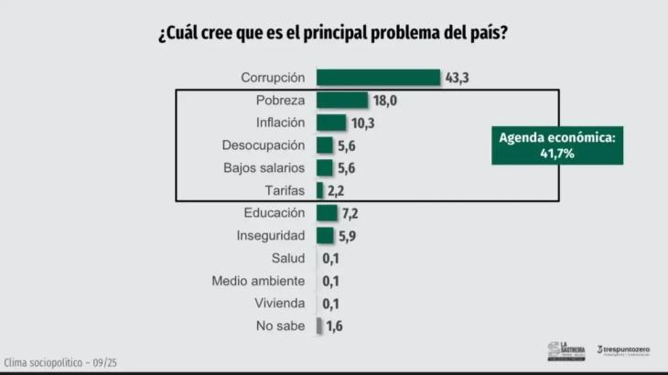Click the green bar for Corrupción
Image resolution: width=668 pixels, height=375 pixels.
tap(379, 78)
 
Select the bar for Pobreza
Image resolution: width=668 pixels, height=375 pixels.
tap(341, 101)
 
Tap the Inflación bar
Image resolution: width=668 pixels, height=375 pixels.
tap(331, 123)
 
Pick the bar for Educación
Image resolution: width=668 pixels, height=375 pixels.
tap(327, 213)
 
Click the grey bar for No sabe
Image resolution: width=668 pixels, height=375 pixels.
tap(319, 326)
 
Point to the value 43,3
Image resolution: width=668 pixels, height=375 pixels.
tap(457, 78)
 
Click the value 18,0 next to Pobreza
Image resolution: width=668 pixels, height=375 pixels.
tap(384, 101)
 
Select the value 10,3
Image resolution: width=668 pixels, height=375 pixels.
tap(364, 123)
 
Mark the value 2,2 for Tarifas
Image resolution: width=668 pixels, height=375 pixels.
tap(338, 190)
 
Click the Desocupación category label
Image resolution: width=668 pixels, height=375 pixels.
tap(264, 145)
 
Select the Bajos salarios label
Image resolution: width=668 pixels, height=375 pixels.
tap(264, 168)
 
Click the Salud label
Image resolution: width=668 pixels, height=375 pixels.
tap(287, 258)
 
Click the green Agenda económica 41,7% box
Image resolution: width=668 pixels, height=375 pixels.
tap(556, 145)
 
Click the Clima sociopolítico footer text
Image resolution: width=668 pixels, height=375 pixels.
tap(60, 362)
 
